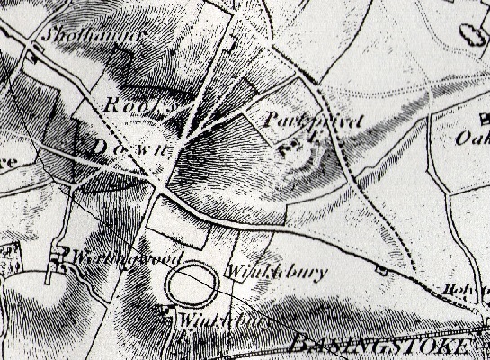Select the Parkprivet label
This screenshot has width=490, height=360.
300,118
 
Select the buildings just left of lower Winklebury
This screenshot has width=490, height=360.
165,312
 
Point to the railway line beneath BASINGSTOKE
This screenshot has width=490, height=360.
378,355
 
